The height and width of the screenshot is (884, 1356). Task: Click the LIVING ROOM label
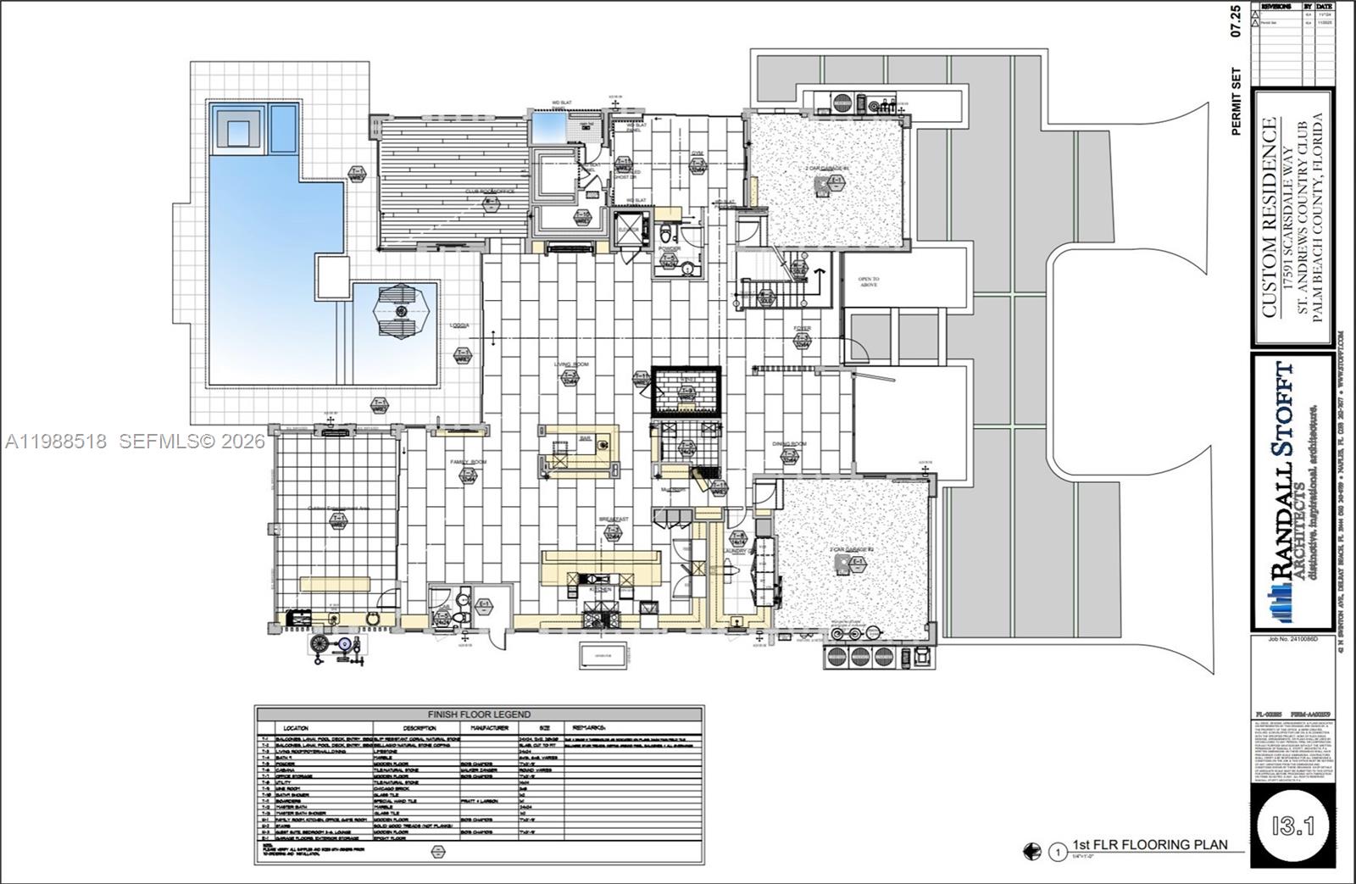(571, 364)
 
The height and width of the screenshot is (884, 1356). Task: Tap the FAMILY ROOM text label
(468, 462)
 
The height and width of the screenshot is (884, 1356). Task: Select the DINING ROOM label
(789, 443)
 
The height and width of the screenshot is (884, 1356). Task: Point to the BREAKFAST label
(613, 519)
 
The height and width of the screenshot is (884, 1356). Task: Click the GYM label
(697, 153)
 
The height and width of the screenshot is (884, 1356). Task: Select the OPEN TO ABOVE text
(868, 282)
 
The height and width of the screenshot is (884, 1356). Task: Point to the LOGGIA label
(460, 325)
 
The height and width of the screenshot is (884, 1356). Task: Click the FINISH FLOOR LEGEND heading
(479, 714)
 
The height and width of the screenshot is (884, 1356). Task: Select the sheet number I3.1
(1292, 825)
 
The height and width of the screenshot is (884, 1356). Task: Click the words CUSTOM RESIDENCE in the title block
(1269, 217)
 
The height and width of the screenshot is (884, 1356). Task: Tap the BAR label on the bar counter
(584, 438)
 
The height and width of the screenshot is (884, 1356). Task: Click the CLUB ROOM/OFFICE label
(489, 192)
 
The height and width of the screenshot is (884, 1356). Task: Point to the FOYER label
(802, 328)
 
